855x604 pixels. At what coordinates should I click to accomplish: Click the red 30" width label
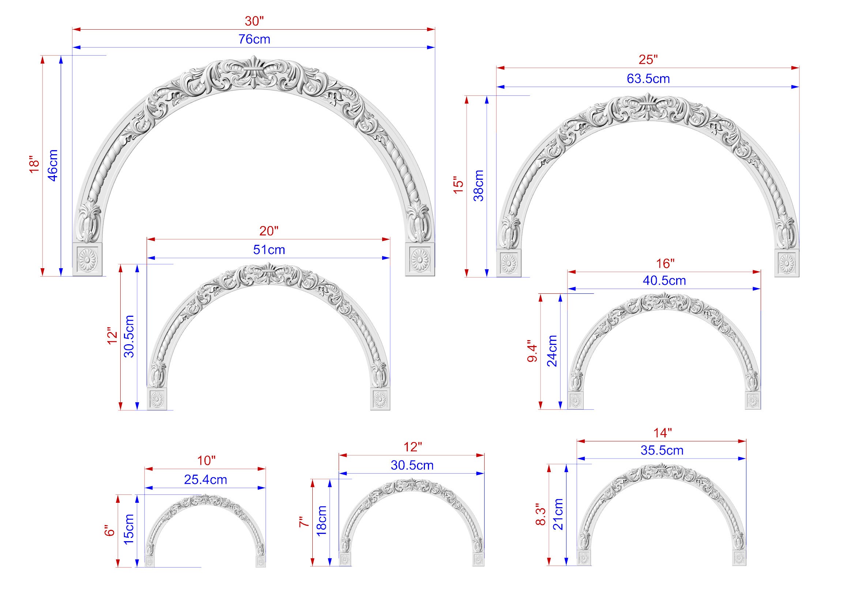pyautogui.click(x=254, y=21)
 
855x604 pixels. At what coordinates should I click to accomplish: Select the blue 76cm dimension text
pyautogui.click(x=254, y=39)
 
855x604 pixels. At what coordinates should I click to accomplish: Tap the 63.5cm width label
pyautogui.click(x=648, y=79)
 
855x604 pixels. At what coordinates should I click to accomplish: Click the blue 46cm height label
pyautogui.click(x=53, y=166)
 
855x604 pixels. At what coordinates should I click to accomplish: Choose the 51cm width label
pyautogui.click(x=269, y=250)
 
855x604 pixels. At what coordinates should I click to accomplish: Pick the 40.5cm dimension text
pyautogui.click(x=664, y=281)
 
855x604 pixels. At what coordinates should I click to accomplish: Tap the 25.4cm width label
pyautogui.click(x=205, y=480)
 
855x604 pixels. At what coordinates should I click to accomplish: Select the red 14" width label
pyautogui.click(x=663, y=433)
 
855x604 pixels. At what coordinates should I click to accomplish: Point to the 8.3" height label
pyautogui.click(x=541, y=515)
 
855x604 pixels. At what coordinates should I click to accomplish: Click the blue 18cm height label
pyautogui.click(x=321, y=521)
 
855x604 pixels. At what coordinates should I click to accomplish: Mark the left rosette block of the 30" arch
pyautogui.click(x=87, y=259)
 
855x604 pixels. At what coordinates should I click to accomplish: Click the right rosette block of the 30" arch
pyautogui.click(x=420, y=259)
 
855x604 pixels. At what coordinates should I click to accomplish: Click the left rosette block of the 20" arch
pyautogui.click(x=157, y=399)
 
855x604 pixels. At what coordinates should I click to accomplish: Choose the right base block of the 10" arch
pyautogui.click(x=261, y=562)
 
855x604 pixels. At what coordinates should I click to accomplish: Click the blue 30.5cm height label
pyautogui.click(x=129, y=337)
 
